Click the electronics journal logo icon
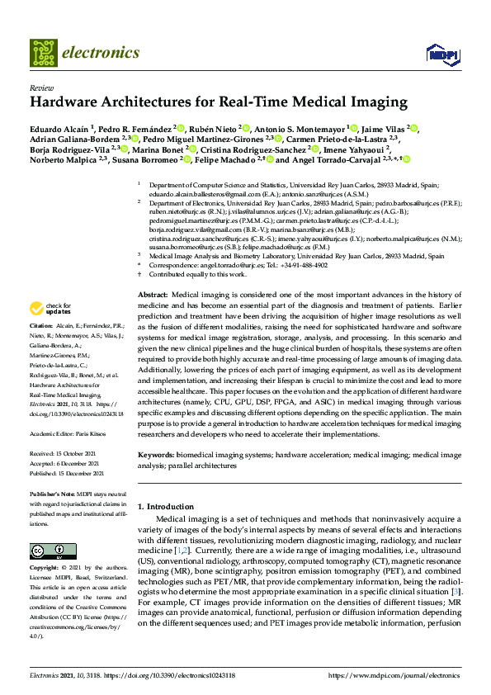pos(44,53)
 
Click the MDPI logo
pos(441,54)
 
